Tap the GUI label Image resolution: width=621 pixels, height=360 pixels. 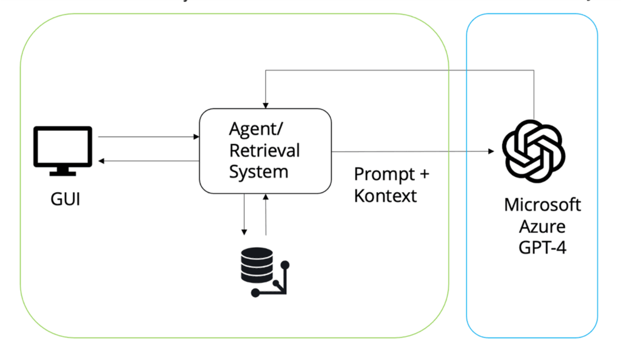tap(65, 198)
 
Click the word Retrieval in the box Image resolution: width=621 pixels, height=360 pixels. tap(264, 150)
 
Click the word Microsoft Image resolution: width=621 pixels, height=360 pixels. tap(542, 204)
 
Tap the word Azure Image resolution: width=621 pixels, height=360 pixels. tap(542, 226)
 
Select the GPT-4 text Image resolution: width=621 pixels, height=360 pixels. tap(542, 247)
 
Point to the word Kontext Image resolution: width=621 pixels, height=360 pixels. tap(385, 196)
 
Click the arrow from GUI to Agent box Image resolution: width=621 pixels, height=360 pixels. tap(149, 137)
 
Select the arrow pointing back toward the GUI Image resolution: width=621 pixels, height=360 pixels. tap(149, 161)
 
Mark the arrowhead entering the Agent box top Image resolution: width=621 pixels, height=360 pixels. tap(266, 105)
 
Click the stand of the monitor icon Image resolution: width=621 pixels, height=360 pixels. tap(62, 172)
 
